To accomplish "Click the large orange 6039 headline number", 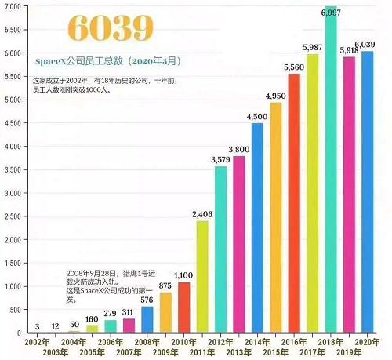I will tap(85, 27).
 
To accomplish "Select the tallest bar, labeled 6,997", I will tap(330, 173).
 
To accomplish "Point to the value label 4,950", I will tap(276, 96).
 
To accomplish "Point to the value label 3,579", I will tap(220, 160).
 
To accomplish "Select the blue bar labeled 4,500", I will tap(257, 227).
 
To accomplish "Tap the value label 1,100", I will tap(183, 275).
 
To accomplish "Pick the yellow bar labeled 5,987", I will tap(312, 193).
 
